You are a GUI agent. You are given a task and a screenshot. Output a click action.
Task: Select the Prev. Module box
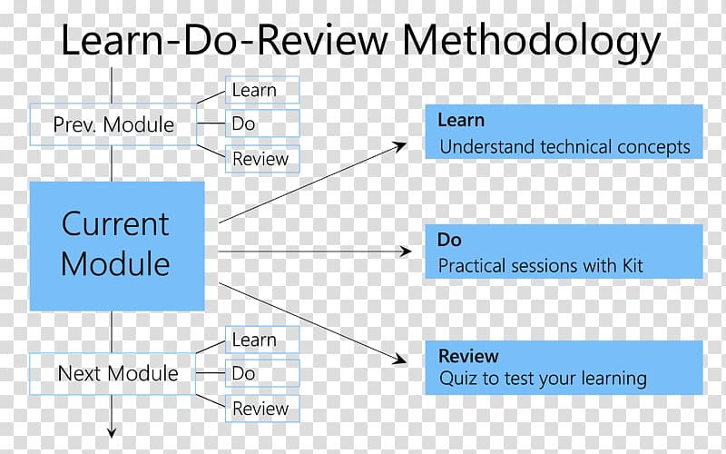113,124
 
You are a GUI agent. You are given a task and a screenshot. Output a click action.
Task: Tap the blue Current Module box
117,246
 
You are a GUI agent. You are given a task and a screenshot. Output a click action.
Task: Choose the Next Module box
113,374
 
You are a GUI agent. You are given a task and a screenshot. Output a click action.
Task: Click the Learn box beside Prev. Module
262,90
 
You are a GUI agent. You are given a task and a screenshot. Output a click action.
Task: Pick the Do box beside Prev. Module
262,123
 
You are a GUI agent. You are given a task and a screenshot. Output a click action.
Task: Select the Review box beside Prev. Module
262,159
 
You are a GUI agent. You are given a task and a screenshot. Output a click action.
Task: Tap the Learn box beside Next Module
262,340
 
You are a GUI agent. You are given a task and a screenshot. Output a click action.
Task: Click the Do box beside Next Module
262,373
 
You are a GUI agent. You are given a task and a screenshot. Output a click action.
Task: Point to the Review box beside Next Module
262,409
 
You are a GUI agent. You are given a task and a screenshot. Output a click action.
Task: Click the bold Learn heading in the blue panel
461,121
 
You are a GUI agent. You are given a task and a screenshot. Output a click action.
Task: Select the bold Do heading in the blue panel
449,240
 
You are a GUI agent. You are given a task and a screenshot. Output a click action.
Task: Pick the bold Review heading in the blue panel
468,356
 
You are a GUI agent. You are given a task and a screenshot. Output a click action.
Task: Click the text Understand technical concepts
564,147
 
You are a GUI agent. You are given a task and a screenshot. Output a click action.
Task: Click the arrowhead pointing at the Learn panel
400,146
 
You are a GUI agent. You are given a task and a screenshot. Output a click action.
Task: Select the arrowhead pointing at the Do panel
406,252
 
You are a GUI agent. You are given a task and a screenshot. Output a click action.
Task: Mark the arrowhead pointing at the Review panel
400,359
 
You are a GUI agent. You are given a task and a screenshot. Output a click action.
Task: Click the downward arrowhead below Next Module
111,433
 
